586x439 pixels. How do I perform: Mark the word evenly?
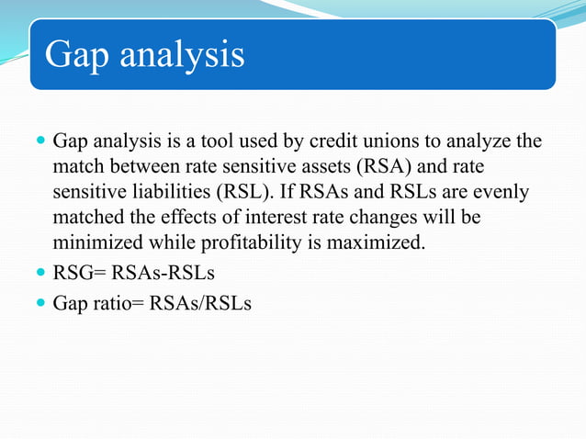pos(503,194)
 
